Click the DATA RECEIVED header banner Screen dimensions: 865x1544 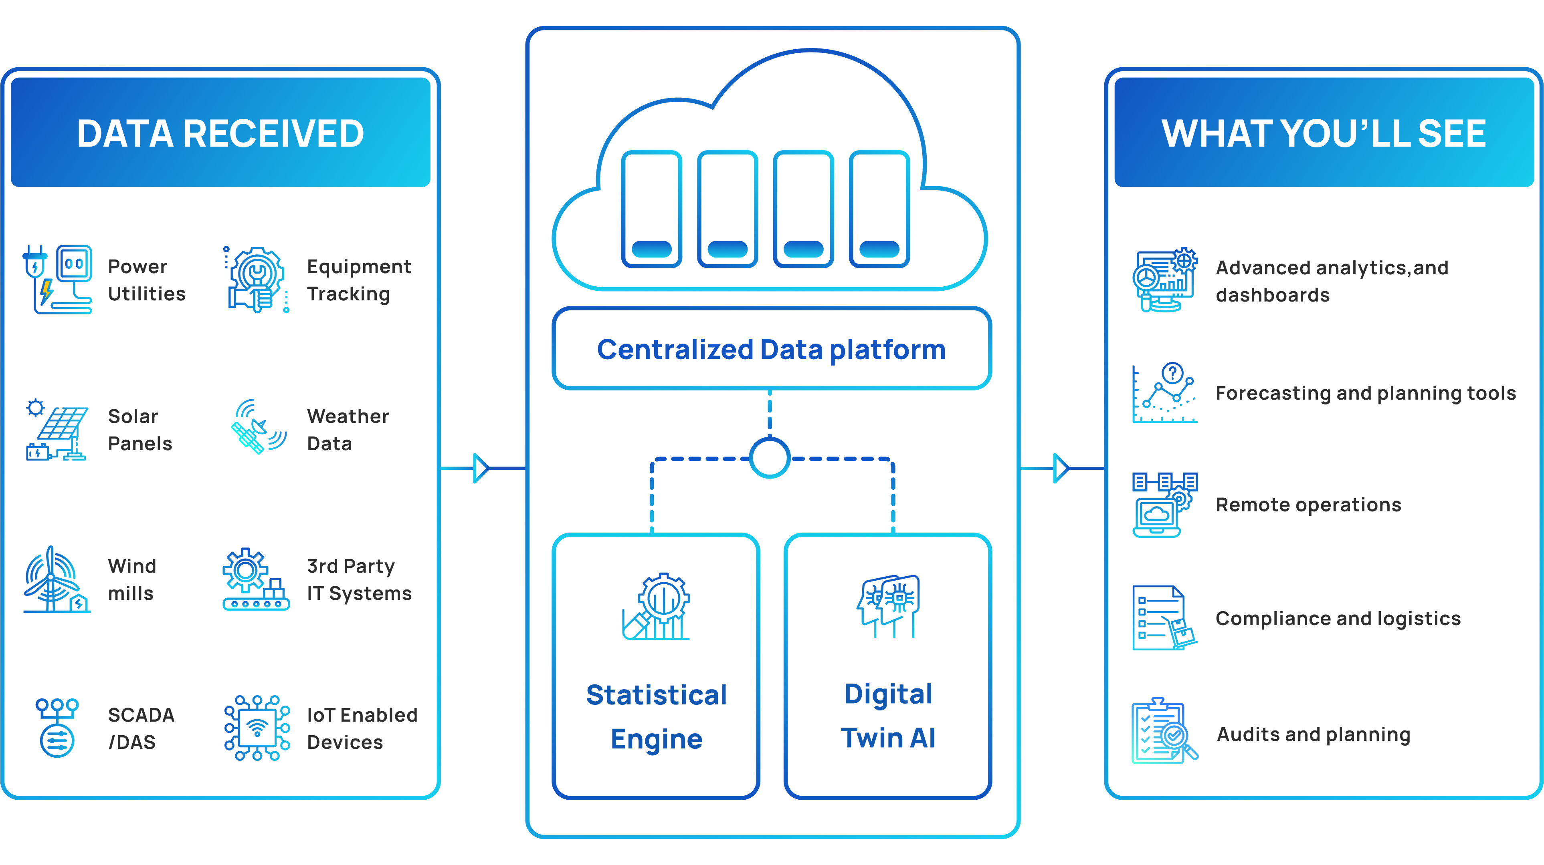click(220, 133)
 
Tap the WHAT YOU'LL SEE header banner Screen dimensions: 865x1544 click(1324, 133)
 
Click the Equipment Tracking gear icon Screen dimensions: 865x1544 click(257, 279)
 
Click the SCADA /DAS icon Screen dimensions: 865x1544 click(57, 728)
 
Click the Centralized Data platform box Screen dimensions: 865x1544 click(772, 349)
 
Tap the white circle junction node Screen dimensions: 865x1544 click(770, 458)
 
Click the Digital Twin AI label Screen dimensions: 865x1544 click(888, 716)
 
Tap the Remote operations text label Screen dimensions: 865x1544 click(1308, 505)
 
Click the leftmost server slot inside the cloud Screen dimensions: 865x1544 click(651, 209)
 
